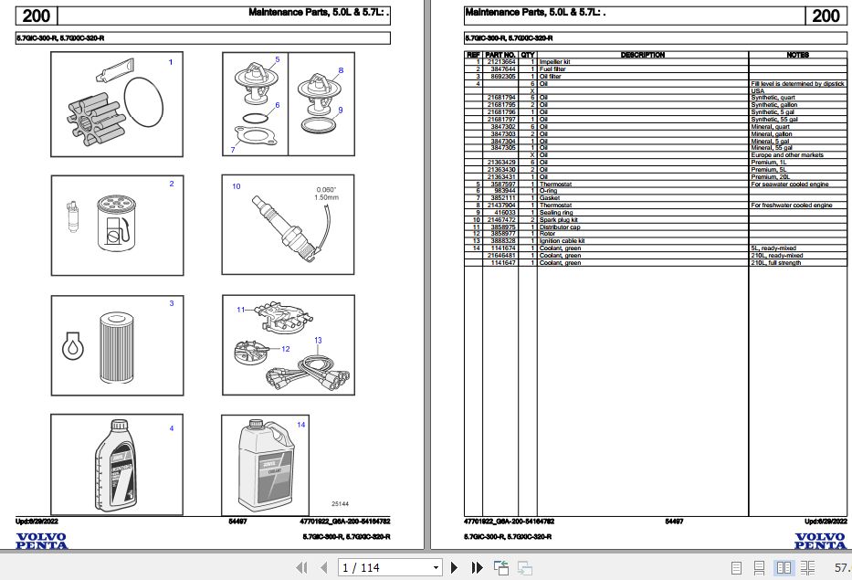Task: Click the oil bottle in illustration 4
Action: (x=115, y=467)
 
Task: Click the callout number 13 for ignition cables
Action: (x=317, y=341)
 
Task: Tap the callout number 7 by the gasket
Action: (x=234, y=150)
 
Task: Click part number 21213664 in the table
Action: (x=501, y=61)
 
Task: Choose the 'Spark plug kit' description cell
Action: (x=559, y=220)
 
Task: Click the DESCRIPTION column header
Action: (x=642, y=55)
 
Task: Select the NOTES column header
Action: (x=797, y=55)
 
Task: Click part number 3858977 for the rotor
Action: (x=502, y=234)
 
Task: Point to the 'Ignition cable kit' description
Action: (x=563, y=241)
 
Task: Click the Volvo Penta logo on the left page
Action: (x=41, y=540)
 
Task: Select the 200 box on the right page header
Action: (x=825, y=16)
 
